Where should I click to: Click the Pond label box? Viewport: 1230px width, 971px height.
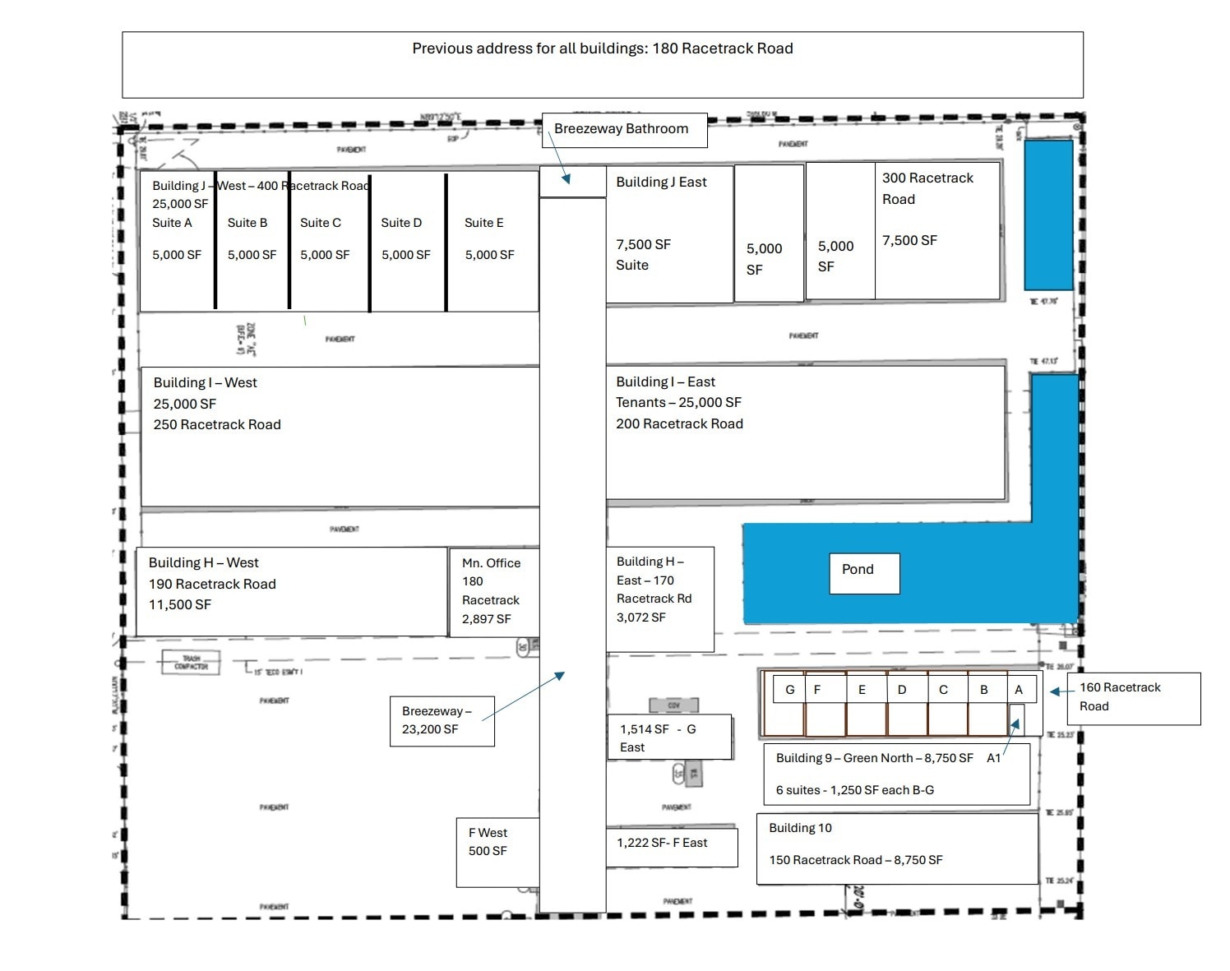(864, 572)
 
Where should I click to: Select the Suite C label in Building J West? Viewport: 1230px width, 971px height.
(320, 223)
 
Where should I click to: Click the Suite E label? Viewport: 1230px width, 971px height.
(483, 223)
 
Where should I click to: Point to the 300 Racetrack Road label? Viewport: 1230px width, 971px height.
(927, 188)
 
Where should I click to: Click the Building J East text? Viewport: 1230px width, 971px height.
(661, 182)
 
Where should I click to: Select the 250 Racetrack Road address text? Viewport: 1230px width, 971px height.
(217, 424)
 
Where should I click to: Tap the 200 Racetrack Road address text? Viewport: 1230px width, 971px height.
(679, 423)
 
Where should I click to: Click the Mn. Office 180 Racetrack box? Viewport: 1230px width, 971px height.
(493, 591)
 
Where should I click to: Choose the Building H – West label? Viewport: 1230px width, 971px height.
(203, 562)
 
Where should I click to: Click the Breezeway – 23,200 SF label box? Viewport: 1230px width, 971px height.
(442, 720)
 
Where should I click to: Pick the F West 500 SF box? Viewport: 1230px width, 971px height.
(497, 851)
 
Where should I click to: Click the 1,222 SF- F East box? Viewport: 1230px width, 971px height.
(671, 845)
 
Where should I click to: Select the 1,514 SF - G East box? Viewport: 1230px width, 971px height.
(668, 737)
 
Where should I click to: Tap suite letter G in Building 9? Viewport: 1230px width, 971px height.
(789, 690)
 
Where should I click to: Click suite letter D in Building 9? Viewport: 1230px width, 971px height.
(902, 690)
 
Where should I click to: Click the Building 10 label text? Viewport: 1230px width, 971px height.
(800, 828)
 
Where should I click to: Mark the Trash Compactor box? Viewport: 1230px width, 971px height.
(191, 663)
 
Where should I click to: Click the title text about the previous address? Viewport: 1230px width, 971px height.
(602, 49)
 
